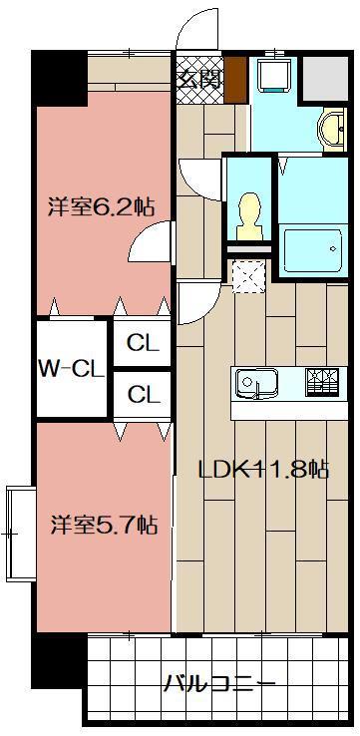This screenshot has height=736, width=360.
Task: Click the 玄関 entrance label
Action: tap(198, 79)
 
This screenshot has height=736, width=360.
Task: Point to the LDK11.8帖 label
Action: tap(263, 469)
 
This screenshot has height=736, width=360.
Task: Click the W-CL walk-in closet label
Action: tap(71, 368)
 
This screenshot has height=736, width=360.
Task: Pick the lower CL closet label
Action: tap(143, 394)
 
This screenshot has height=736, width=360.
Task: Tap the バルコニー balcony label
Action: tap(219, 684)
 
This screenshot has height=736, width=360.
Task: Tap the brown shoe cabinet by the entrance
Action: tap(235, 79)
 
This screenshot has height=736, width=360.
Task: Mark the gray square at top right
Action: tap(323, 77)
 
